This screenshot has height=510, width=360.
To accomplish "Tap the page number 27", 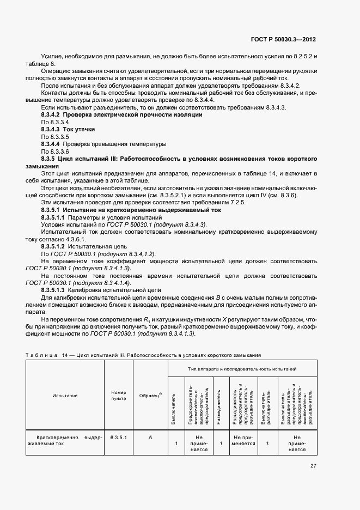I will point(313,466).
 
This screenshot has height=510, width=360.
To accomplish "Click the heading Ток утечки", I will point(80,129).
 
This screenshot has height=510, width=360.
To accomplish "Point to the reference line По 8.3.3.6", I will point(55,151).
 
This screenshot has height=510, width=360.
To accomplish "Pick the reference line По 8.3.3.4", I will point(55,122).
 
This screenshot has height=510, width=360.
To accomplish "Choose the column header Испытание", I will point(65,396).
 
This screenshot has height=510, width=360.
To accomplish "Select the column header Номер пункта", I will point(119,396).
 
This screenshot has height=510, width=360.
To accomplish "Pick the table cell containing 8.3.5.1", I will point(119,437).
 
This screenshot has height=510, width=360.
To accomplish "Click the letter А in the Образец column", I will point(149,437).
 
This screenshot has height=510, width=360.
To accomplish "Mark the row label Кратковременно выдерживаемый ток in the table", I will point(65,440).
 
